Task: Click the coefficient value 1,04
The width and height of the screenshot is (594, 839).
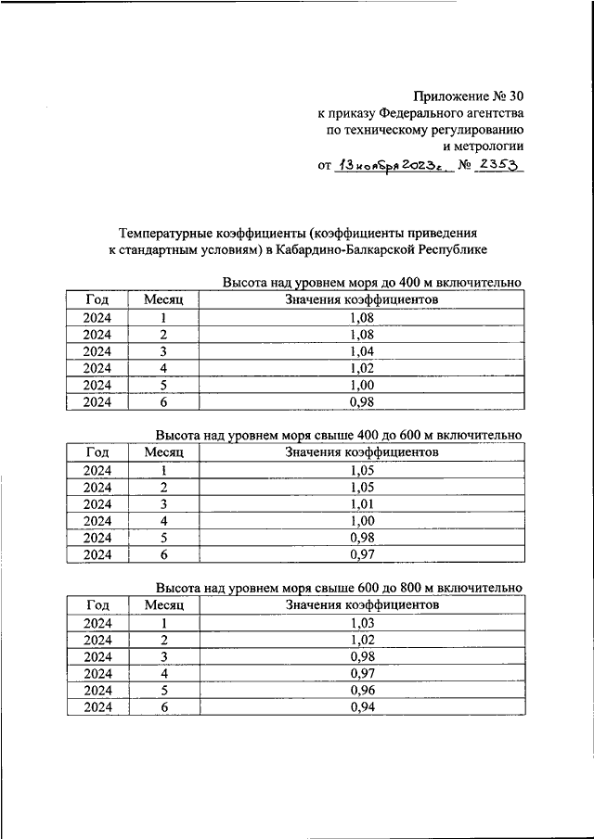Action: [362, 352]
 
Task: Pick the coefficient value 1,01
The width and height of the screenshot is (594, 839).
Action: [362, 504]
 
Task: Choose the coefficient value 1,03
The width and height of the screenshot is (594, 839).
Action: [362, 623]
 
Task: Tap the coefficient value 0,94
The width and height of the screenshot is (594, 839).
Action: [362, 707]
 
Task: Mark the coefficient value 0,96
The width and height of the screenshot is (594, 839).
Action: [362, 691]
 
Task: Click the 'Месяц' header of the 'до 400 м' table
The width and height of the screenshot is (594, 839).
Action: [163, 300]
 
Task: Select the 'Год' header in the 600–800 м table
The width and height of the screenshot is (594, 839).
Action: [97, 605]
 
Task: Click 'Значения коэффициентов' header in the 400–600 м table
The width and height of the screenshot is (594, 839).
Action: [362, 453]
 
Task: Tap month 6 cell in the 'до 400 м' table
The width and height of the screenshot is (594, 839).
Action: [163, 402]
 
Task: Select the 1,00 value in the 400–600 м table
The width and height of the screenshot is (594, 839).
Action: [362, 521]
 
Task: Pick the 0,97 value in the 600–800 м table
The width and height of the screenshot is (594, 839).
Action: [362, 674]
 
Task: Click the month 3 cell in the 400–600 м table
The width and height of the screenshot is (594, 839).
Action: [163, 504]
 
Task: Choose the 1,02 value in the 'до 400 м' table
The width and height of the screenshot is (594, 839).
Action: [362, 369]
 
